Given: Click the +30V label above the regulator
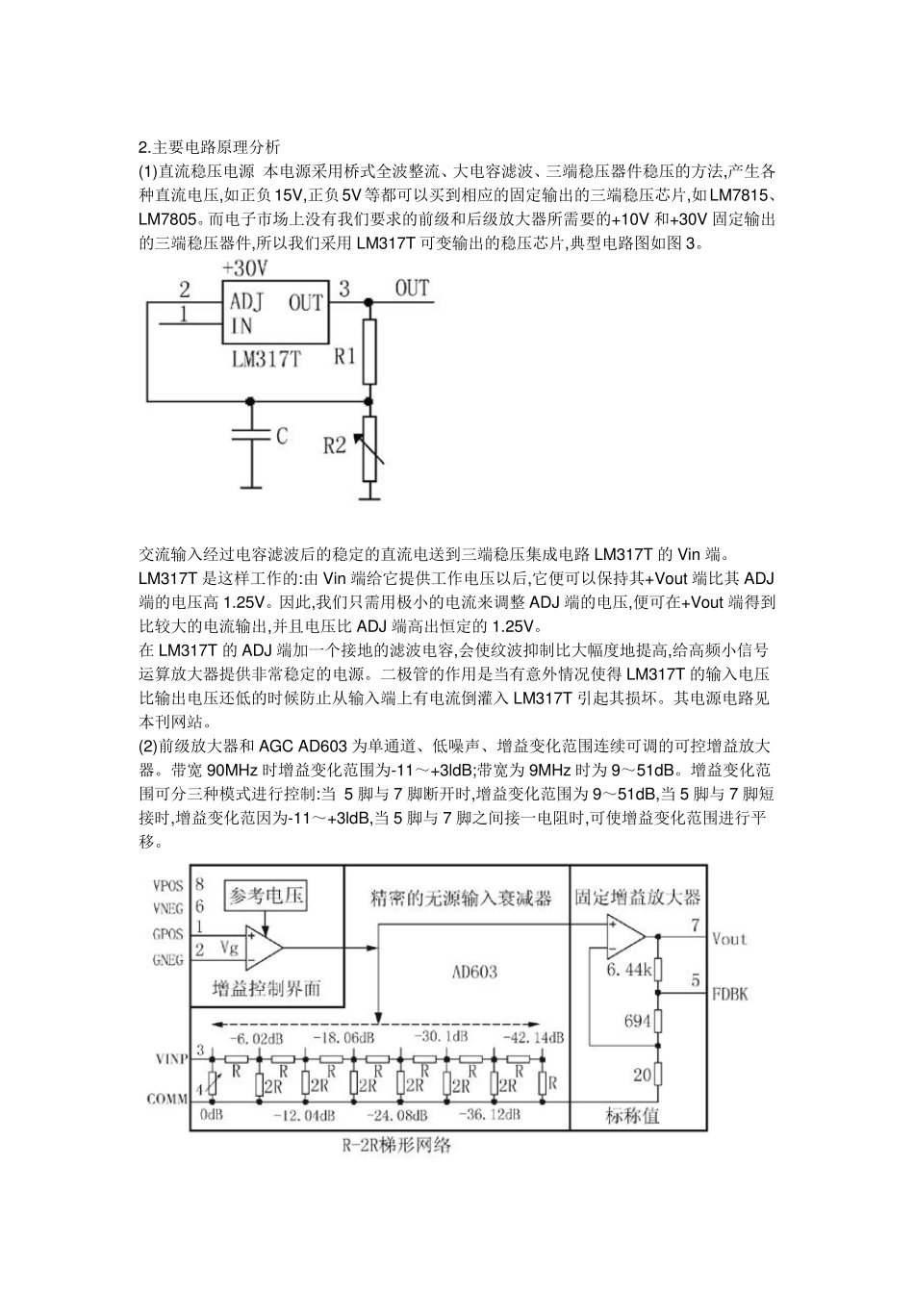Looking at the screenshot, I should [244, 266].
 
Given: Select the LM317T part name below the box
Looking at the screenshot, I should [266, 361].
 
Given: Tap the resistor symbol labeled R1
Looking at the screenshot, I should [369, 353].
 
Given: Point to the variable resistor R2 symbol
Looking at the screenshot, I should [369, 449].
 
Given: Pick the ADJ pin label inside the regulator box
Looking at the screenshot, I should [246, 301].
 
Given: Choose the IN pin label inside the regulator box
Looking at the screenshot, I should [241, 326].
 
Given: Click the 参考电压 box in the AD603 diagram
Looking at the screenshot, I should [266, 896].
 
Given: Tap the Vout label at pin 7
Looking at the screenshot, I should [728, 938].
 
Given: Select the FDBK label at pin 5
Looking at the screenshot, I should [728, 994].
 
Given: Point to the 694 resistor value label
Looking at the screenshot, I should [637, 1021].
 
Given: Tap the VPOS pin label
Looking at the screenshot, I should [168, 883].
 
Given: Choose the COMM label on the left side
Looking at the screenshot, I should [167, 1098].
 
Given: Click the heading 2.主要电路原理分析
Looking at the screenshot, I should [210, 147].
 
